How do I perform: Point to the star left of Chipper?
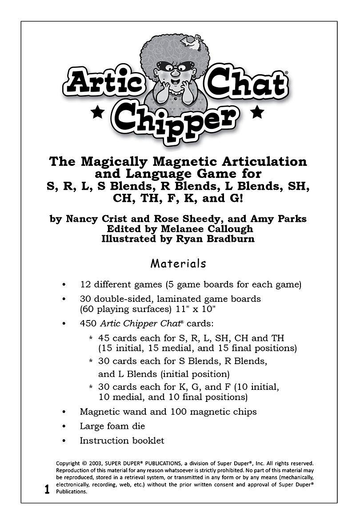97,113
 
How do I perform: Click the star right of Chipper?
256,112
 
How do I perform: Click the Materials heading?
178,264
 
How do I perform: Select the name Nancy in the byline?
82,219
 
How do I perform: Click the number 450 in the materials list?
88,323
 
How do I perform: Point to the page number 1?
47,490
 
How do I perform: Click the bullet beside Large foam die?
65,426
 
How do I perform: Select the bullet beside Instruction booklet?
65,441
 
